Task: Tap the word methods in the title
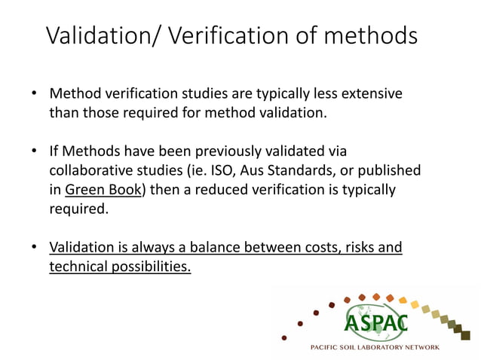pyautogui.click(x=372, y=35)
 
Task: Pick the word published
pyautogui.click(x=388, y=171)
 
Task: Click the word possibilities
pyautogui.click(x=150, y=266)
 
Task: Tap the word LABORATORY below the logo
pyautogui.click(x=388, y=347)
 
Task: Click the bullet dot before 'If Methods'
pyautogui.click(x=35, y=152)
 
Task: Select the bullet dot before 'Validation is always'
pyautogui.click(x=35, y=247)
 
